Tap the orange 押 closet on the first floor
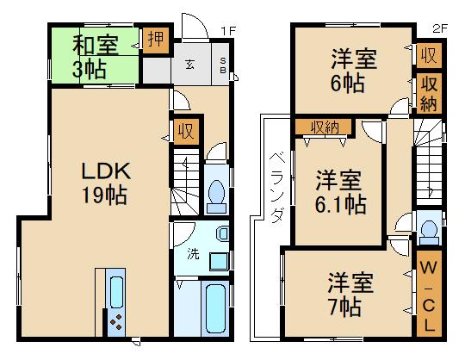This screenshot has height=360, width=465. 156,40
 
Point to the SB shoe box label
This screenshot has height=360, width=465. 222,65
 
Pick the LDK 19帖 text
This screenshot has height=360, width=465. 103,180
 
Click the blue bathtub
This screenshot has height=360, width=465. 214,308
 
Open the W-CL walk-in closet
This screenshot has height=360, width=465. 428,293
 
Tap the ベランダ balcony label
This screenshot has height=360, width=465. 275,186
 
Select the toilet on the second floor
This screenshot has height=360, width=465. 428,231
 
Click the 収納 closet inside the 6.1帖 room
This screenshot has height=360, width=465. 325,127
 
